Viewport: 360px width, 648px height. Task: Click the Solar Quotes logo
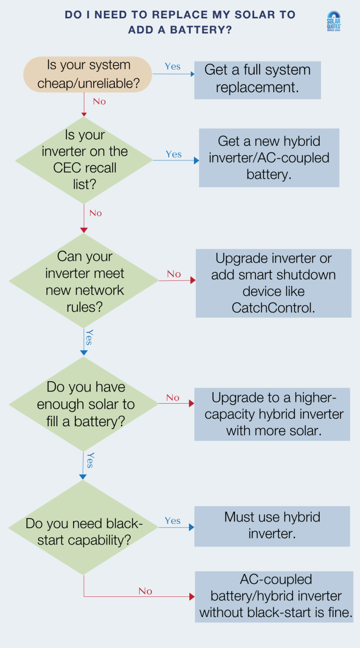pos(333,21)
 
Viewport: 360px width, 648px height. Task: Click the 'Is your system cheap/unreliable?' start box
pos(88,74)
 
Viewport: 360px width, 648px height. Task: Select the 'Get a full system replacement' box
pos(257,79)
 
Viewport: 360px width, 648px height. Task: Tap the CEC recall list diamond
pos(84,160)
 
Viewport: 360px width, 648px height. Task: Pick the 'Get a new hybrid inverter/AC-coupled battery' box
pos(269,158)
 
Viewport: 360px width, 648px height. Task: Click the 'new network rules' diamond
pos(84,281)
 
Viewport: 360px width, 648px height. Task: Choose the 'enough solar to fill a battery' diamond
pos(84,404)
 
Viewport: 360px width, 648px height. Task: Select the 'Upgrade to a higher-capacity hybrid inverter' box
pos(272,414)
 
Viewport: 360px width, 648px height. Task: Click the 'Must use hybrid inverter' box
pos(272,526)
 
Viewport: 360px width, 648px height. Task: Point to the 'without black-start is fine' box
pos(274,596)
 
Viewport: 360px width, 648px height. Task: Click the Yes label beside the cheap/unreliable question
pos(172,67)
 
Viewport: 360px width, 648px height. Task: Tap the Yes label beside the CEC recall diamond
pos(173,154)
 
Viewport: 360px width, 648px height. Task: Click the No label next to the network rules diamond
pos(173,274)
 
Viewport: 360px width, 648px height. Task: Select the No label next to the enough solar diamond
pos(172,398)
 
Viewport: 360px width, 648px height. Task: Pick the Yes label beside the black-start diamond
pos(172,521)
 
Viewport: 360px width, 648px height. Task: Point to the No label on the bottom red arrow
pos(145,591)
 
